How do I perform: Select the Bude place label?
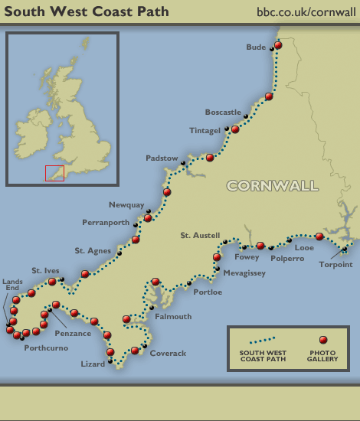[256, 47]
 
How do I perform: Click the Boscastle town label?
[223, 113]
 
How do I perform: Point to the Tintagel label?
[205, 131]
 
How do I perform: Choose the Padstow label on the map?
[162, 158]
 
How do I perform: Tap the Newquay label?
[126, 205]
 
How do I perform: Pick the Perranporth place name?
[106, 223]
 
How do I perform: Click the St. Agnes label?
[92, 250]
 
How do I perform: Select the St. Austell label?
[200, 235]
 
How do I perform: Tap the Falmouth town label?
[173, 316]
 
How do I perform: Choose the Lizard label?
[93, 364]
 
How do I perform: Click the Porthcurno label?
[46, 348]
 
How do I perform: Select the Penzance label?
[73, 334]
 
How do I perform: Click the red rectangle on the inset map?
[54, 173]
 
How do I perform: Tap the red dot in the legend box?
[322, 340]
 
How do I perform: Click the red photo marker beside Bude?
[278, 45]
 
